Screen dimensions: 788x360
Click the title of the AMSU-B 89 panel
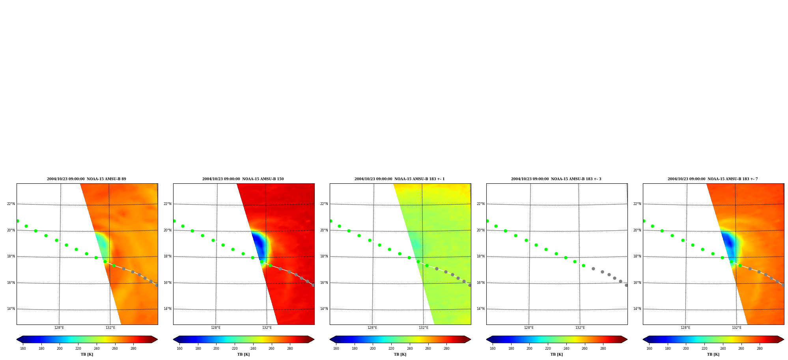(86, 179)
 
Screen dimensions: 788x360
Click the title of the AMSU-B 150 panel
(243, 179)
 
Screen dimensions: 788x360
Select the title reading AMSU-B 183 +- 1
(400, 179)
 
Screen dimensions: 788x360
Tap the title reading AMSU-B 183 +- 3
(556, 179)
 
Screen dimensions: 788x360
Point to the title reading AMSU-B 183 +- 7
(713, 179)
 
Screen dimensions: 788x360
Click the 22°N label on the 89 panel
(11, 204)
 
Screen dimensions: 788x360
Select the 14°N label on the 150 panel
(168, 309)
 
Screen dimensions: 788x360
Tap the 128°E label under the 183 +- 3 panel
(529, 328)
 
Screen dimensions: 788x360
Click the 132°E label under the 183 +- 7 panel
(737, 328)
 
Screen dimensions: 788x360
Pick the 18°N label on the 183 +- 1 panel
(324, 256)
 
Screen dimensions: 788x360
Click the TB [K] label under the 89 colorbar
(87, 354)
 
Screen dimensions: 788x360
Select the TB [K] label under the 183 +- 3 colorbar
(557, 354)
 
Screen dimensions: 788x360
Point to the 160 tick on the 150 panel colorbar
(179, 349)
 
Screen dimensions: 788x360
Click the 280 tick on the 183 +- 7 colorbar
(760, 349)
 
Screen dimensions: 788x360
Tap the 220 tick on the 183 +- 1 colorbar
(391, 349)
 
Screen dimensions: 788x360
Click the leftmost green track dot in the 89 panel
(17, 221)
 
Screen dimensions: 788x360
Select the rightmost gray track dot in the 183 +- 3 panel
(626, 285)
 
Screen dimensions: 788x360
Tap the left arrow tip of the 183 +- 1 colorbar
(330, 339)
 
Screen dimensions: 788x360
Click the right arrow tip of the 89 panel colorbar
(157, 339)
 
